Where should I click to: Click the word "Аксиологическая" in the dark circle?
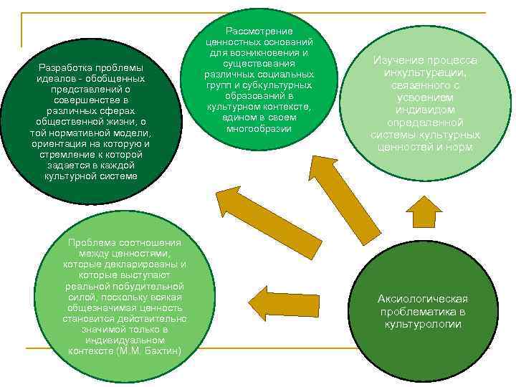tap(423, 298)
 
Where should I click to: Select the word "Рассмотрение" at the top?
tap(259, 32)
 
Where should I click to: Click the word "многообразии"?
tap(259, 129)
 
